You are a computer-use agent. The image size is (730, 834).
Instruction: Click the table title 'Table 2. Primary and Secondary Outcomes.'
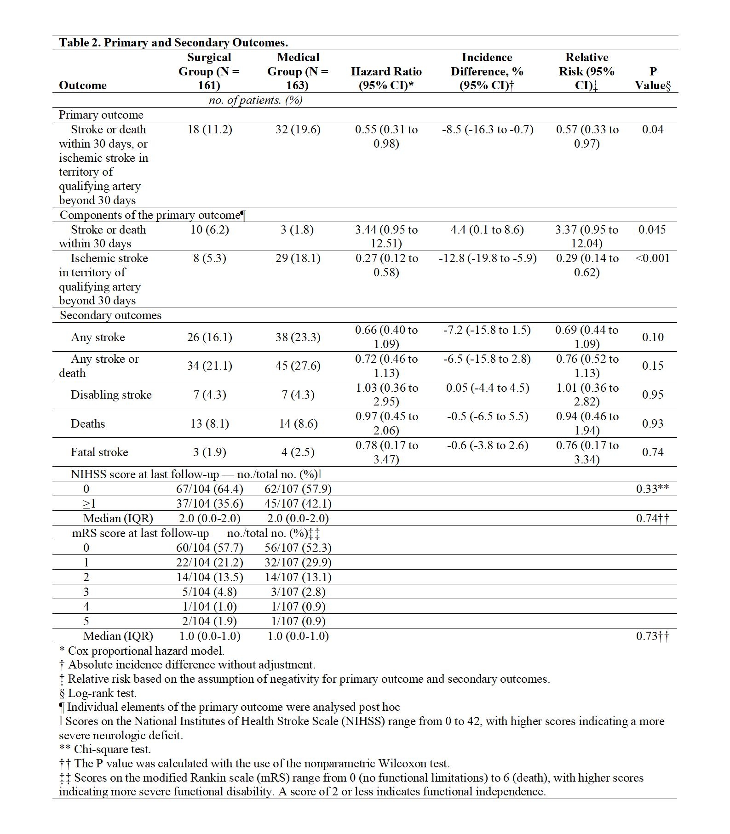[173, 43]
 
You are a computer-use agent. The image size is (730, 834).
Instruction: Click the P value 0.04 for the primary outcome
[653, 130]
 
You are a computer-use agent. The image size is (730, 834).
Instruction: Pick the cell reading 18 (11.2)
[210, 130]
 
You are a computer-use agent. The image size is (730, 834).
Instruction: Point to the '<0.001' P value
[653, 258]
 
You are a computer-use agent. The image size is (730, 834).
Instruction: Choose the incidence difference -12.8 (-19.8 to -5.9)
[488, 258]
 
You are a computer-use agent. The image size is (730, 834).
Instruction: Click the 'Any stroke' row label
[98, 337]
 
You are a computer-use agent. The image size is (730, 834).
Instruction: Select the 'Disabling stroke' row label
[111, 395]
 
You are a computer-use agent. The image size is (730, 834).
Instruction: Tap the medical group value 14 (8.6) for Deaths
[298, 424]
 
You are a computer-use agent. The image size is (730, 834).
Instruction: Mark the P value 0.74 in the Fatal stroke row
[653, 452]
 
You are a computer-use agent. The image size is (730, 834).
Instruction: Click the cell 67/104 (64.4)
[210, 489]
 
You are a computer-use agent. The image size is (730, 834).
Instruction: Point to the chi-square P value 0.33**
[652, 489]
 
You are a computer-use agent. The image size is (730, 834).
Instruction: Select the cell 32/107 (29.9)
[298, 563]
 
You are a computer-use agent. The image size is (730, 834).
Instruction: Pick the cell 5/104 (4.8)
[210, 592]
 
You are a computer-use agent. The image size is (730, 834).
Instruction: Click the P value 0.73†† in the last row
[652, 636]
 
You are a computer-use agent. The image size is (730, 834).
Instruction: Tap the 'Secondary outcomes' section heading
[111, 315]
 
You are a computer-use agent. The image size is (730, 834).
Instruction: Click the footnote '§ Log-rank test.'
[98, 693]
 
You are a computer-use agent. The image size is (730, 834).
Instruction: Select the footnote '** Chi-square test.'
[105, 749]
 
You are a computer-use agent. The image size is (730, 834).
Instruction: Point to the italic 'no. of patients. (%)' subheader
[256, 101]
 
